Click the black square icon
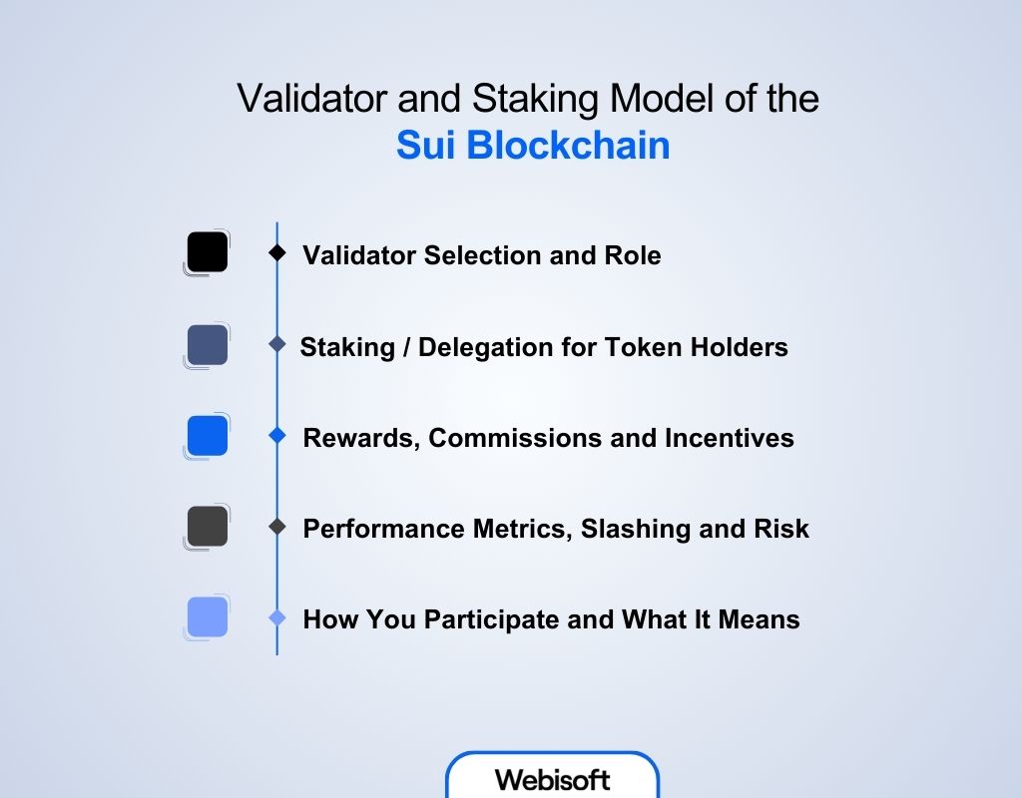208,252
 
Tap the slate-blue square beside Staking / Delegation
208,345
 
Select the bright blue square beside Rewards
208,436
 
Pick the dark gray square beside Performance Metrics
208,527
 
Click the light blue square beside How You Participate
208,617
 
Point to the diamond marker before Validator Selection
277,253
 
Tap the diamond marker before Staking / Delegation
277,345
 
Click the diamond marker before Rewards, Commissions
277,436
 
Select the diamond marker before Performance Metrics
277,527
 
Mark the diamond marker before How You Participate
277,618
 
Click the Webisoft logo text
552,779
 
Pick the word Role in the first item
633,255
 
